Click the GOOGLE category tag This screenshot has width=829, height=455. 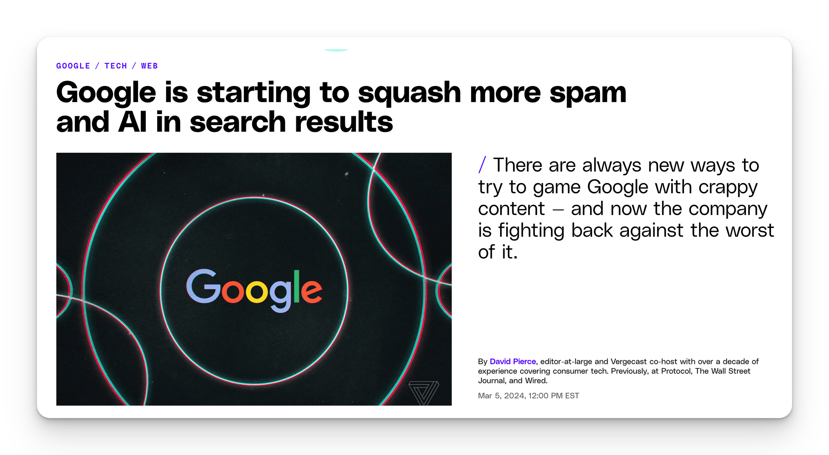pyautogui.click(x=73, y=66)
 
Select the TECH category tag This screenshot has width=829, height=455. pyautogui.click(x=116, y=66)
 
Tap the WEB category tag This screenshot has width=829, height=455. pyautogui.click(x=150, y=66)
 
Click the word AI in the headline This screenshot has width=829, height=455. pyautogui.click(x=132, y=122)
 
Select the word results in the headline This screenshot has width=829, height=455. pyautogui.click(x=344, y=122)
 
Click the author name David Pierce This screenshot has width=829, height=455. pyautogui.click(x=513, y=361)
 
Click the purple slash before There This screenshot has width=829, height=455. pyautogui.click(x=482, y=165)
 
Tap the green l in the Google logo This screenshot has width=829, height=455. pyautogui.click(x=296, y=287)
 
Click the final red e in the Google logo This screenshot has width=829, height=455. pyautogui.click(x=312, y=291)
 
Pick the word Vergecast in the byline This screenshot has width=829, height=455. pyautogui.click(x=629, y=362)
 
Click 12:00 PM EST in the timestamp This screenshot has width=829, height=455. pyautogui.click(x=554, y=396)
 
